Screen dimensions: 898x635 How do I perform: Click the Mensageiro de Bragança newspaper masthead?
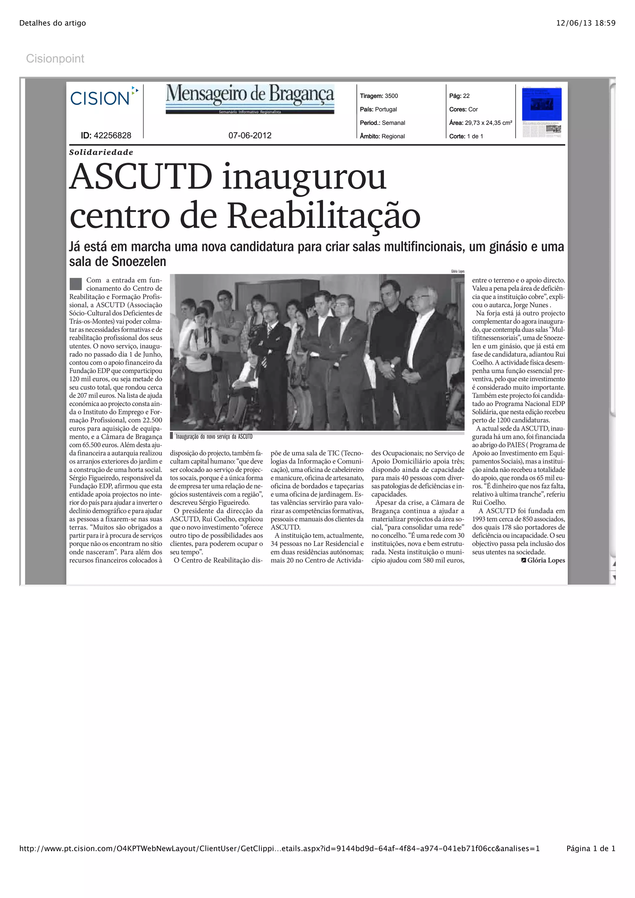click(250, 99)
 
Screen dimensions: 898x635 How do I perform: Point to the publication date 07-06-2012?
click(250, 136)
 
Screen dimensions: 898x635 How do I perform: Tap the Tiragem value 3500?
click(391, 96)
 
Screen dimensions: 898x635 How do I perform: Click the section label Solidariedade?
click(101, 152)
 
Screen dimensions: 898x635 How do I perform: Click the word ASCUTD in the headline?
click(141, 177)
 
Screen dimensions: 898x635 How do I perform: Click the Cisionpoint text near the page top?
click(55, 59)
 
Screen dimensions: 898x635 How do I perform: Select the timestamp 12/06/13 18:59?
click(586, 23)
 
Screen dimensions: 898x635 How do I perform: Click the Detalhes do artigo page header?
click(52, 23)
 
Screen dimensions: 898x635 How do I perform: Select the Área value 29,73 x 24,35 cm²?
click(488, 123)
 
